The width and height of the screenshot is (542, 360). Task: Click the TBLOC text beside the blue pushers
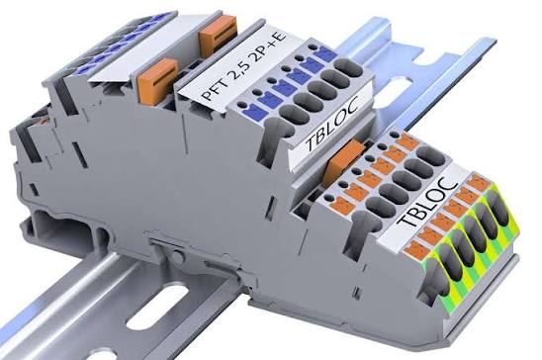pos(332,125)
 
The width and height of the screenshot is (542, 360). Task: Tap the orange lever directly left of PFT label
pos(157,80)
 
